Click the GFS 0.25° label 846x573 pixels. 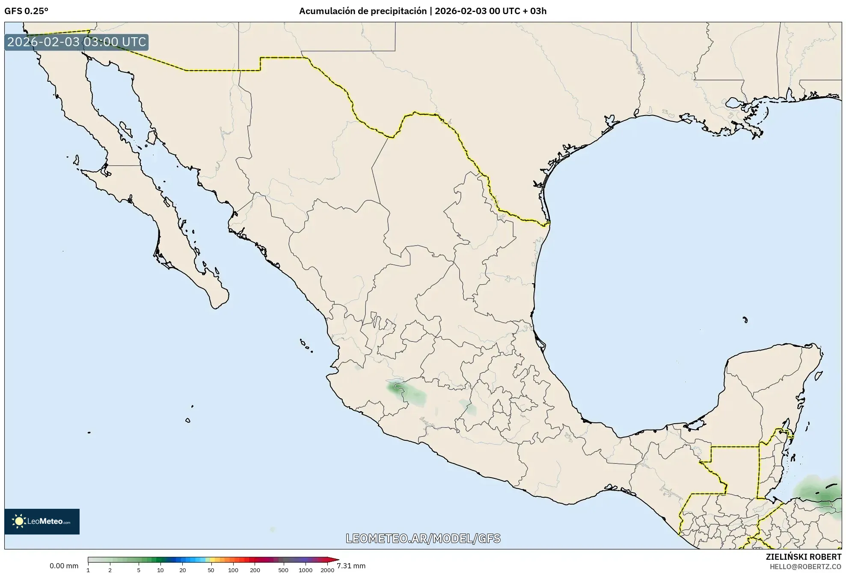(x=26, y=11)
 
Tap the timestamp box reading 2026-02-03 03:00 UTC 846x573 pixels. (x=77, y=42)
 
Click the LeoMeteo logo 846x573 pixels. (x=42, y=521)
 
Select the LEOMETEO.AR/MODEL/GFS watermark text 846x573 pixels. (x=423, y=538)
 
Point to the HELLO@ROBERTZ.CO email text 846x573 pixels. (x=805, y=566)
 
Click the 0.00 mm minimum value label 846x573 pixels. (x=64, y=566)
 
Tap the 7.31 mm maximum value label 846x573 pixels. (x=351, y=566)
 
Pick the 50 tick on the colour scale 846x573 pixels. (x=211, y=570)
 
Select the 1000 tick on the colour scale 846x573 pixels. (x=306, y=570)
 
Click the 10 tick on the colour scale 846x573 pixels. (x=160, y=570)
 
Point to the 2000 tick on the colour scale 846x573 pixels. (x=327, y=570)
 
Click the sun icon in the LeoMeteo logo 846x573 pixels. (x=19, y=521)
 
